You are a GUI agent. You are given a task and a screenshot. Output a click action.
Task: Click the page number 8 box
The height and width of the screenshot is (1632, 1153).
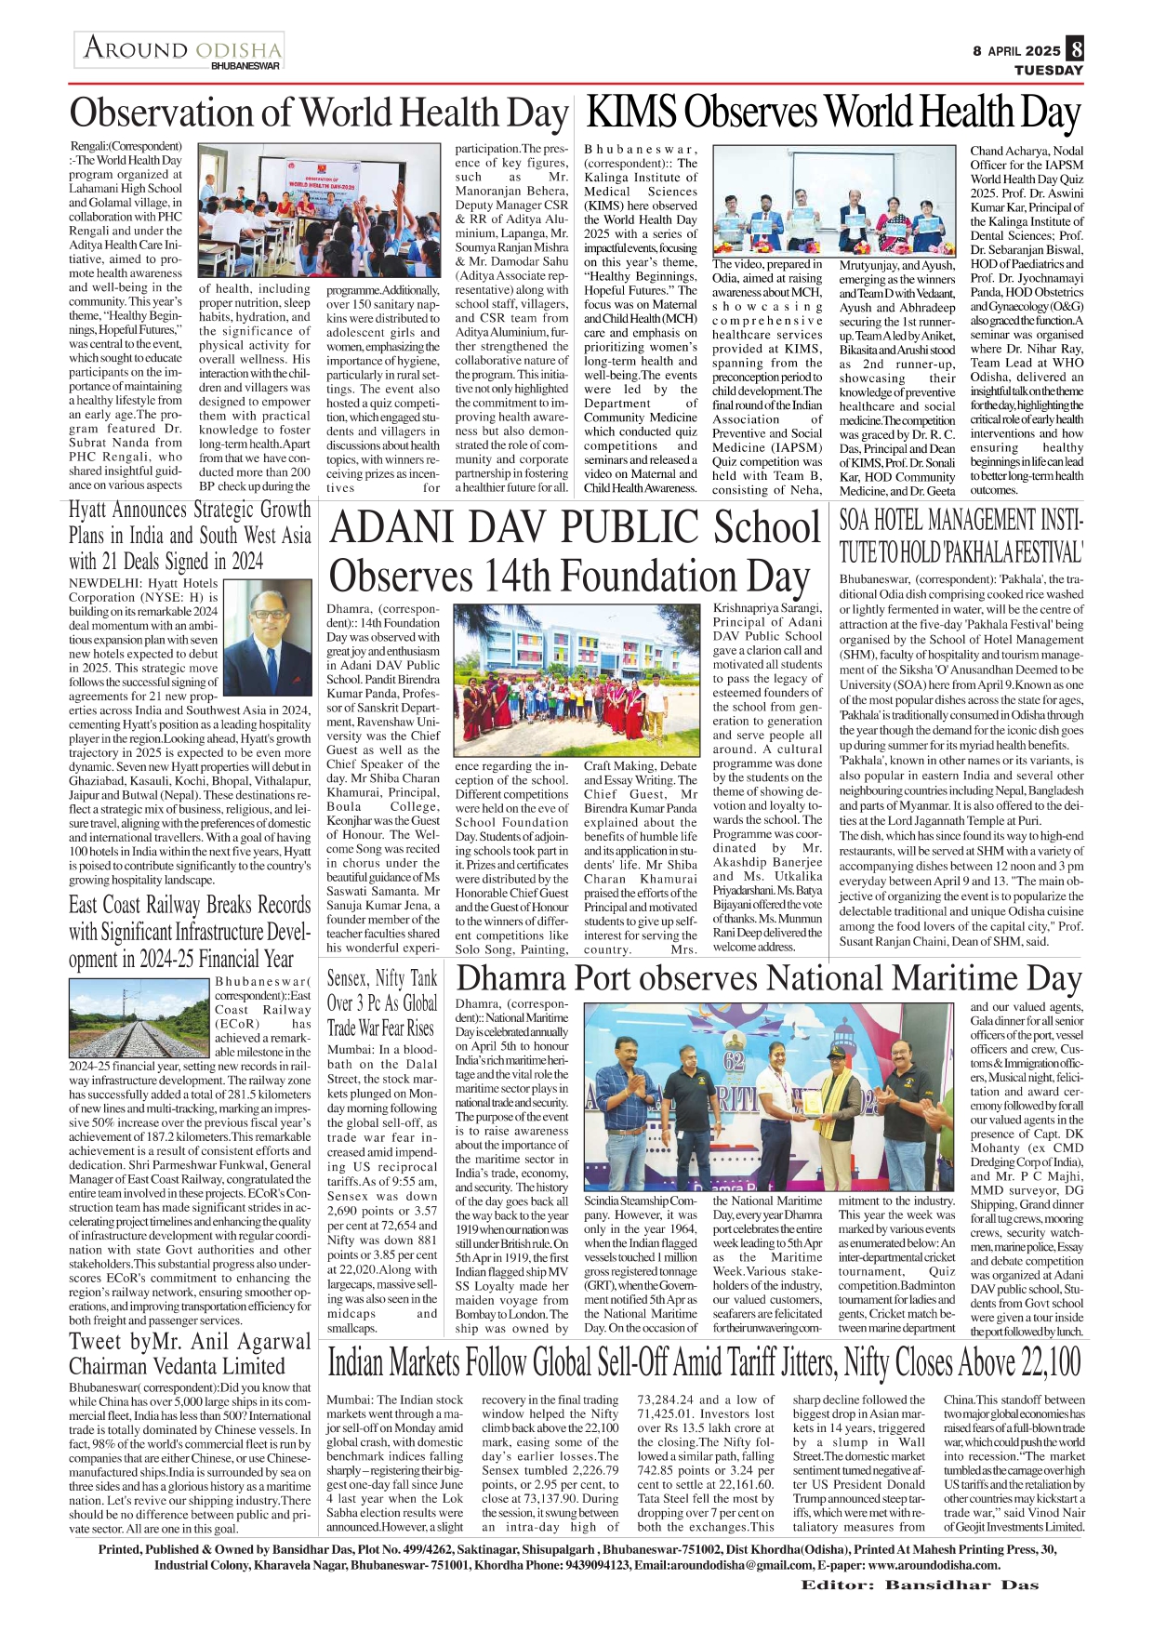[x=1075, y=49]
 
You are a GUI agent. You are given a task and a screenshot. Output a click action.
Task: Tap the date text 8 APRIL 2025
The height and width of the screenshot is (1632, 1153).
[x=1016, y=51]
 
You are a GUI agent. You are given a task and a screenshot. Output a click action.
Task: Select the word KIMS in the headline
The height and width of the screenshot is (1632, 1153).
[x=631, y=113]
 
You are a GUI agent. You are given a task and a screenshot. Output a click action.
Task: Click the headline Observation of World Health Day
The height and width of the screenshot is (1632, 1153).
[x=318, y=113]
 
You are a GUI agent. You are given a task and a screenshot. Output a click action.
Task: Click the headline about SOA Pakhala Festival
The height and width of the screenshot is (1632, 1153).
[x=961, y=537]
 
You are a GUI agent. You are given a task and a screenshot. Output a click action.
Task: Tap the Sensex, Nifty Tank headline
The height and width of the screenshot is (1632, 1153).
[x=382, y=1003]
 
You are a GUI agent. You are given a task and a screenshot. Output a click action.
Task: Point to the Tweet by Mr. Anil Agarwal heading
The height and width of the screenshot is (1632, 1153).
[x=190, y=1354]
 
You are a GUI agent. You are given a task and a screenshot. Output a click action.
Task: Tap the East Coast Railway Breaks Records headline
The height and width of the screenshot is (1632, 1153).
[x=190, y=932]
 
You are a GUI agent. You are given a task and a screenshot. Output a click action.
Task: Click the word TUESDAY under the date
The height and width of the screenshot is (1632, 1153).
[x=1048, y=70]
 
